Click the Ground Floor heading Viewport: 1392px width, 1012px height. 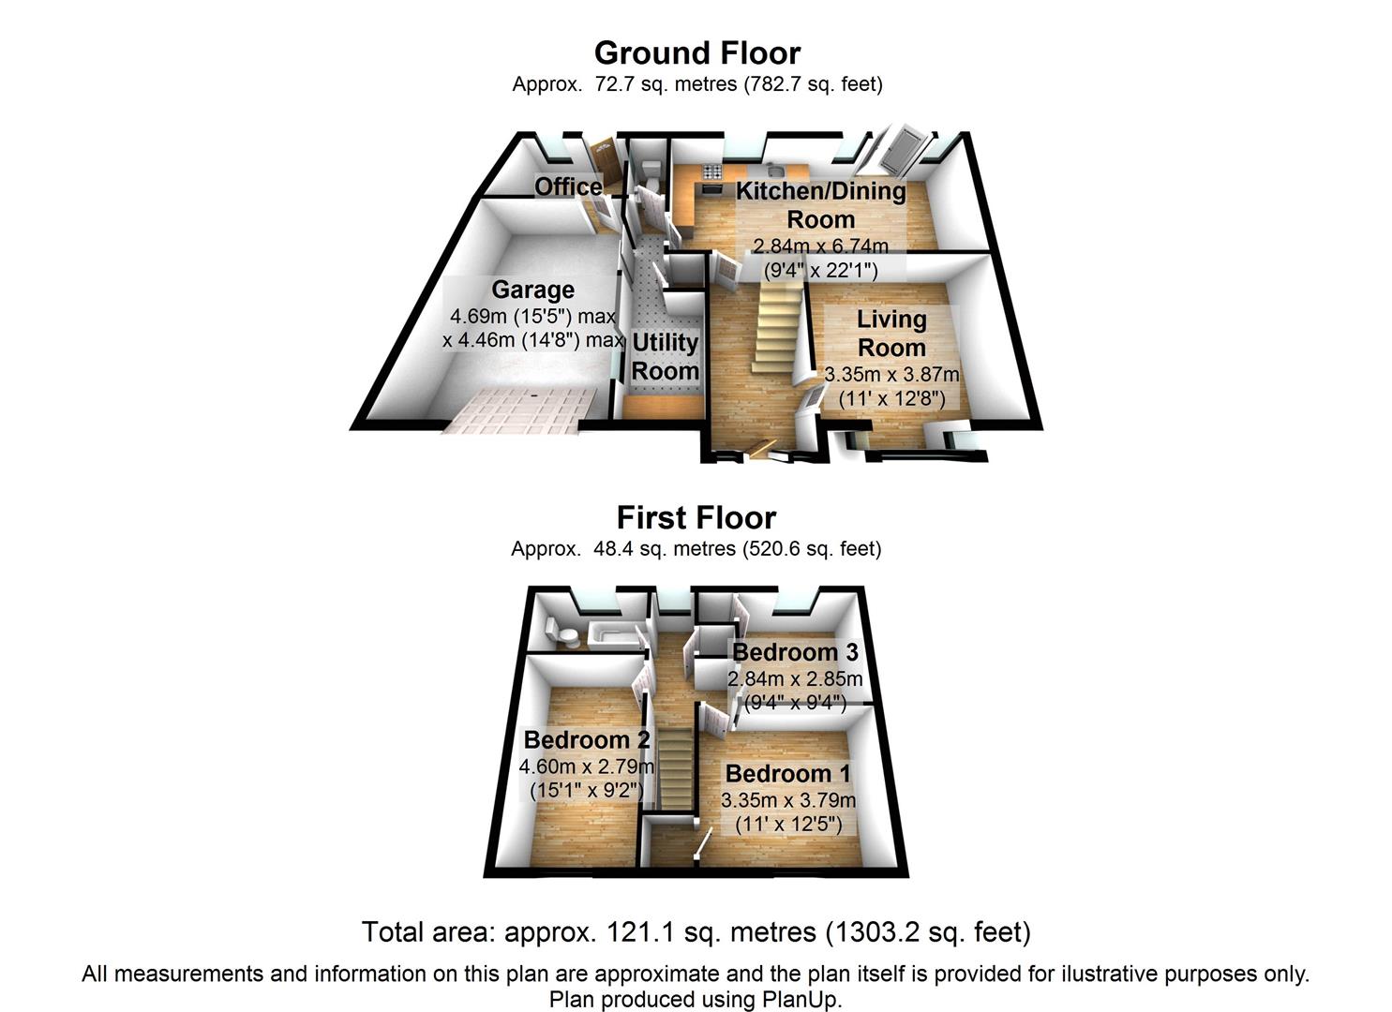(x=696, y=52)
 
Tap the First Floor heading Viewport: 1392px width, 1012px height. (x=696, y=517)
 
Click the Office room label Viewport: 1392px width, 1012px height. (x=568, y=186)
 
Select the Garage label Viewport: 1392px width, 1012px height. (x=532, y=290)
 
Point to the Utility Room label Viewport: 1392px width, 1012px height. (x=665, y=356)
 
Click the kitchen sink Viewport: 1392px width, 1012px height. (x=774, y=170)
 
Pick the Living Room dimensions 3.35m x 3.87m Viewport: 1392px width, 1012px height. (x=891, y=375)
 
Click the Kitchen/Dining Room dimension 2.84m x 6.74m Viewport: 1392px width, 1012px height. (x=820, y=246)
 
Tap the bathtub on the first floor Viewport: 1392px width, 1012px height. (x=610, y=637)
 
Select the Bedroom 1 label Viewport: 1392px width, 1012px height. (x=788, y=774)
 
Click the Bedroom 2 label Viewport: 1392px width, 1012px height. (x=587, y=739)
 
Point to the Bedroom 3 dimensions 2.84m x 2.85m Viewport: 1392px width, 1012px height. (x=795, y=677)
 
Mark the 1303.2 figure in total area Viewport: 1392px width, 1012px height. (x=879, y=932)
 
